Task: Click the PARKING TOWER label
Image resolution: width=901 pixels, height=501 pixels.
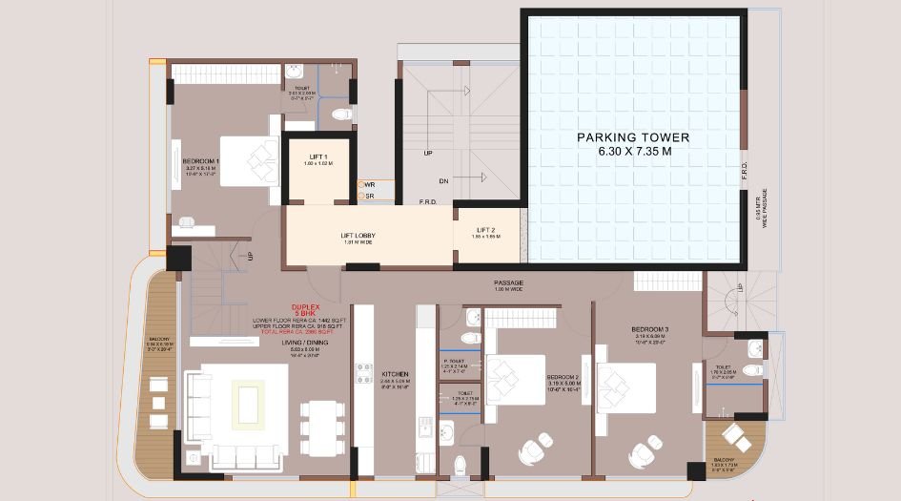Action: (x=633, y=137)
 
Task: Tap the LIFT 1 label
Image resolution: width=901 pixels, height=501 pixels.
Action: (x=318, y=157)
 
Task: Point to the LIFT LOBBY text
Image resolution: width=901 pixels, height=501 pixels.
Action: (x=356, y=235)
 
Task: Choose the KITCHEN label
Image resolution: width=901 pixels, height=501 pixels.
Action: (x=395, y=374)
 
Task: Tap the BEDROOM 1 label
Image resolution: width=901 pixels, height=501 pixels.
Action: (x=201, y=161)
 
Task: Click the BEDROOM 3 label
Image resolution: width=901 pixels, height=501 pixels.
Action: (x=649, y=330)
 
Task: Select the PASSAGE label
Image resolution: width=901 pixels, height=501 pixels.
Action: (x=509, y=283)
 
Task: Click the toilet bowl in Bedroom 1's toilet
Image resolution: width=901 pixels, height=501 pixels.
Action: (x=340, y=115)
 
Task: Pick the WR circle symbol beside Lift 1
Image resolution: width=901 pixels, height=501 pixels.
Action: (x=360, y=184)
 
